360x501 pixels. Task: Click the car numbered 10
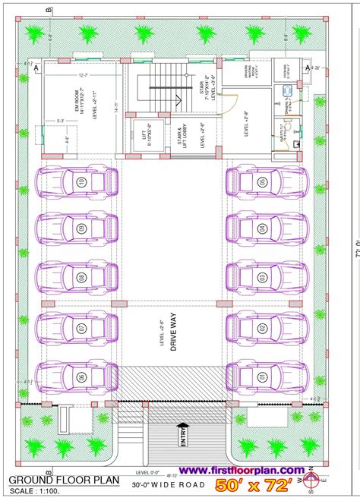coord(79,182)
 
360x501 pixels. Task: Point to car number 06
coord(79,375)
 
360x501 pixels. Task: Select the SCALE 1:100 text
coord(36,491)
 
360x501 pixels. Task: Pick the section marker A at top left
coord(36,68)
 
